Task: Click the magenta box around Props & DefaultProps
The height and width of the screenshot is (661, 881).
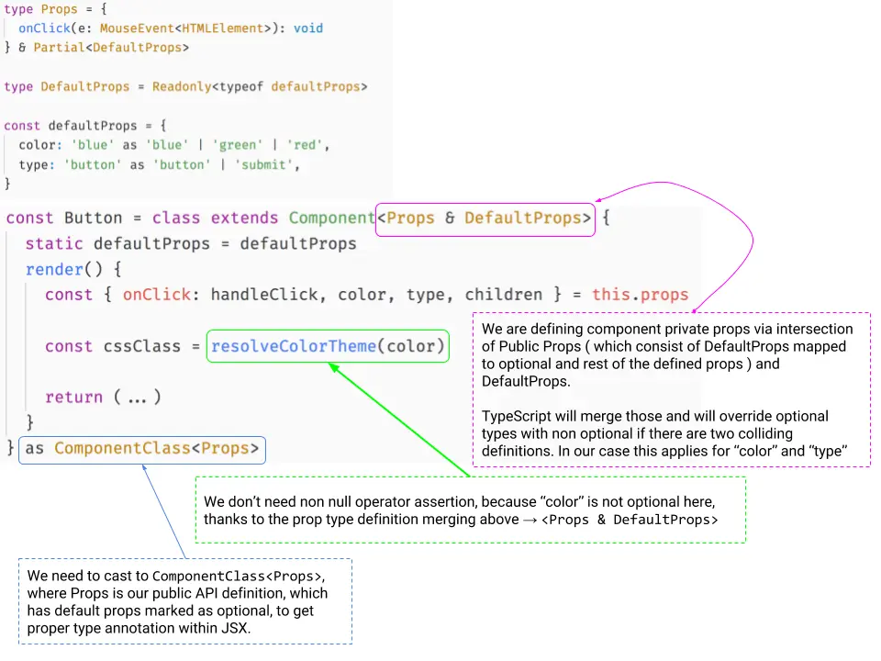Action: coord(485,218)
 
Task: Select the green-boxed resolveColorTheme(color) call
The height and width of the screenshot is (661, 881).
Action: coord(328,346)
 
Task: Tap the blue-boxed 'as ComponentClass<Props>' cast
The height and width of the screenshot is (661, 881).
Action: coord(142,449)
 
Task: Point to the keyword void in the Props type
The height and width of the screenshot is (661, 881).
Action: coord(308,28)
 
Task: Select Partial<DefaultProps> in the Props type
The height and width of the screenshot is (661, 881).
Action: coord(111,47)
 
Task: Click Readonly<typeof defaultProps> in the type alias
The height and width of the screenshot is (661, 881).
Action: coord(260,86)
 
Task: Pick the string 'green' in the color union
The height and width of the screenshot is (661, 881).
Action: coord(238,145)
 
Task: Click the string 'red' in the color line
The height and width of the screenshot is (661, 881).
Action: coord(307,145)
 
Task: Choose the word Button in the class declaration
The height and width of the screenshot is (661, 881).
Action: coord(93,218)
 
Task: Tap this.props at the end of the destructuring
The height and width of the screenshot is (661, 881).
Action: coord(640,295)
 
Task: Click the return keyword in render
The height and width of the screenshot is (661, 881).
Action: coord(73,398)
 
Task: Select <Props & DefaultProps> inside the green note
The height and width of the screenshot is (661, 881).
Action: coord(630,521)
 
